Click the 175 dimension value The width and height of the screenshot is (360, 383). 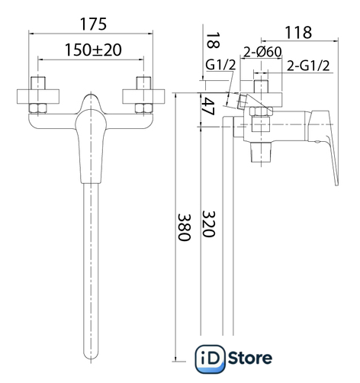click(93, 24)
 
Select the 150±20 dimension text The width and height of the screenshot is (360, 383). click(93, 50)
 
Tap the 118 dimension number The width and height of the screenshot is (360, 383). click(298, 32)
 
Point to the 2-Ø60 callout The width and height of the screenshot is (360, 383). click(262, 52)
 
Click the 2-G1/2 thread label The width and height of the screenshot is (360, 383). click(308, 66)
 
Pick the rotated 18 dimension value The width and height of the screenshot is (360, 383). click(212, 40)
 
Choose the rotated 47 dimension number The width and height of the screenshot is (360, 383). click(208, 106)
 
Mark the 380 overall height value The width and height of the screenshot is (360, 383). click(184, 227)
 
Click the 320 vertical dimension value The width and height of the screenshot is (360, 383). click(208, 224)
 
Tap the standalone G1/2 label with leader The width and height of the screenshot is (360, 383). click(220, 65)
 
